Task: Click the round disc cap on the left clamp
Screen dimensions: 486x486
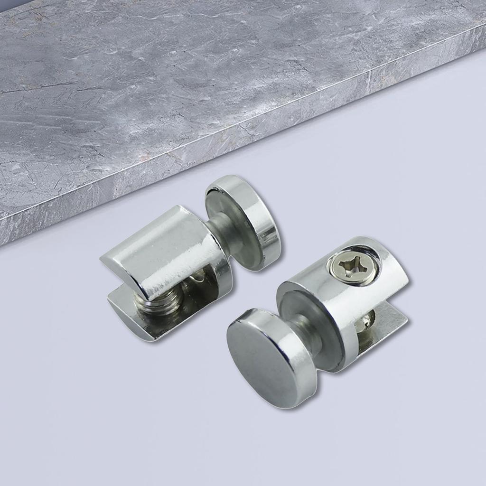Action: click(x=244, y=221)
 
